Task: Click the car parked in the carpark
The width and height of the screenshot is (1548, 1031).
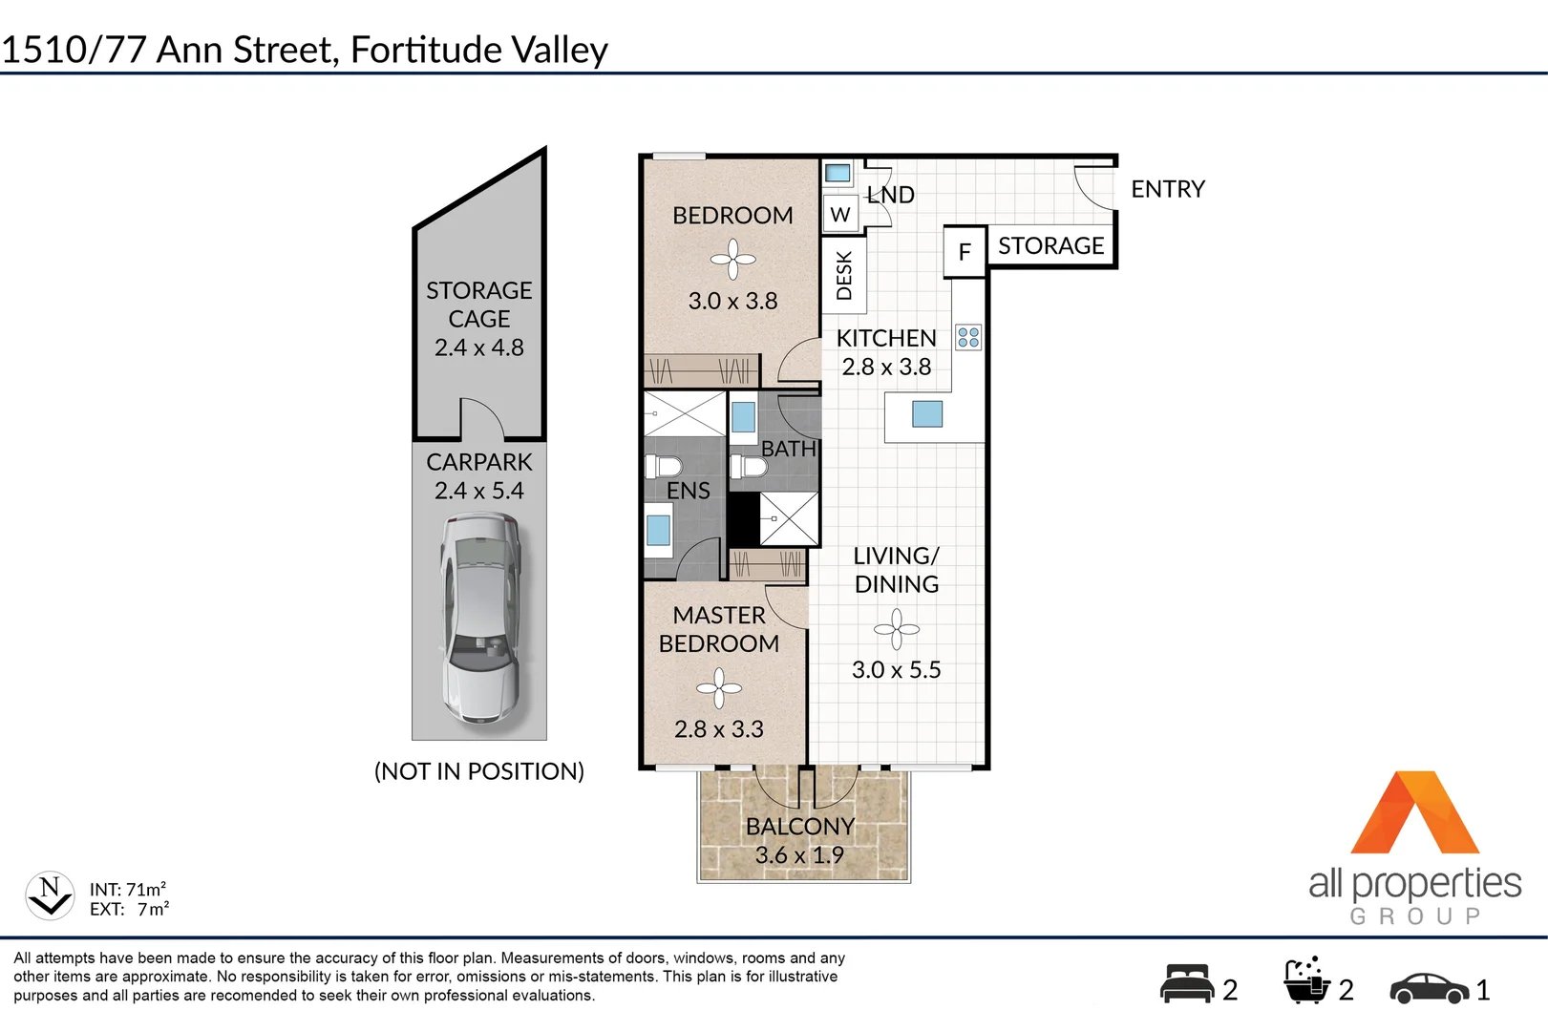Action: tap(479, 620)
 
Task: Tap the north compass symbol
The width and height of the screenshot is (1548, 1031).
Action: tap(50, 895)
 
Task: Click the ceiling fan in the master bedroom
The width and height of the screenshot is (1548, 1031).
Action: tap(719, 687)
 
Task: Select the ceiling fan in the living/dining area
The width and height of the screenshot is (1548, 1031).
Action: tap(896, 629)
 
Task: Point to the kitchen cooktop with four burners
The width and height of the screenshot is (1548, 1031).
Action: tap(968, 337)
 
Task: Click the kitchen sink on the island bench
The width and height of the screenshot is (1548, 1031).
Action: tap(927, 413)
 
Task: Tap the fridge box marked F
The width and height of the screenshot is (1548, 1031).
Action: tap(965, 252)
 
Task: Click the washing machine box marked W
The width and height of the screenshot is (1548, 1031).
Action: tap(840, 215)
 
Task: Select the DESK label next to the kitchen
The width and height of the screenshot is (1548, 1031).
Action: tap(844, 276)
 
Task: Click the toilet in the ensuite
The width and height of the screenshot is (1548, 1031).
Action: tap(664, 467)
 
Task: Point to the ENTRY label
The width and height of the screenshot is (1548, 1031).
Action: tap(1167, 189)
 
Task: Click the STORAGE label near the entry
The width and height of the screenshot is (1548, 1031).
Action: tap(1050, 246)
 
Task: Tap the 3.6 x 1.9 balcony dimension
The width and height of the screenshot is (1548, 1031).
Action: tap(799, 855)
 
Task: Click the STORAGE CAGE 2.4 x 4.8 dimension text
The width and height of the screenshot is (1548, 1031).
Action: tap(478, 347)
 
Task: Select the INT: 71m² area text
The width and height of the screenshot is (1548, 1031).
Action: tap(128, 889)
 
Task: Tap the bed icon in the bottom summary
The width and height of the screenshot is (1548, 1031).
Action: tap(1187, 984)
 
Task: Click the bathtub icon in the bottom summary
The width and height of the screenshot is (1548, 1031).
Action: tap(1305, 982)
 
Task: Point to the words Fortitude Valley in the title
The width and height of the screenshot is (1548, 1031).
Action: tap(478, 50)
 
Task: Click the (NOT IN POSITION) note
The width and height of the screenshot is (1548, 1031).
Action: tap(478, 771)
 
